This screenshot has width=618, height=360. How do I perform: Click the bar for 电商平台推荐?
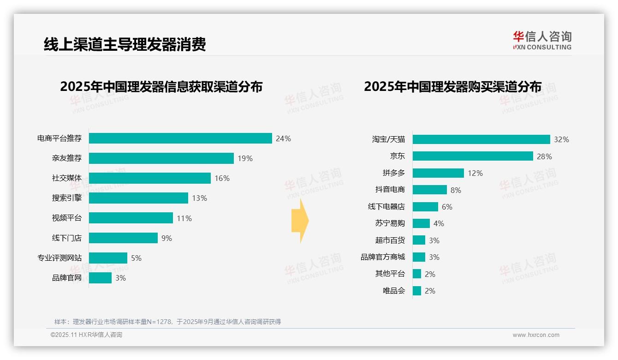point(180,138)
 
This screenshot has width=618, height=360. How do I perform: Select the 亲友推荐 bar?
point(161,158)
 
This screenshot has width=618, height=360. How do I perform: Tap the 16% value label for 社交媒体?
point(222,178)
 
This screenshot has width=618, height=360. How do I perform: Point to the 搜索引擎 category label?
point(67,198)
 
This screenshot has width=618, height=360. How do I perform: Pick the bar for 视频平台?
point(131,218)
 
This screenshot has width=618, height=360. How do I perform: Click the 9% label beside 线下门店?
point(166,238)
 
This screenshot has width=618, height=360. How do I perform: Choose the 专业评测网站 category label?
point(59,258)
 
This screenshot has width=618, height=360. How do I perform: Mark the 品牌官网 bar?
point(100,278)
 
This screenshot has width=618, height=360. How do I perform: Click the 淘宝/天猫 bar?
point(481,139)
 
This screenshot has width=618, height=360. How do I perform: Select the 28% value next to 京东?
point(544,156)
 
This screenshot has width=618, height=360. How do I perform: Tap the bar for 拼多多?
point(438,173)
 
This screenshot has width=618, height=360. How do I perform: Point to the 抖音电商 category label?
point(390,190)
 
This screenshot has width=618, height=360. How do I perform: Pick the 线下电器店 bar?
point(425,207)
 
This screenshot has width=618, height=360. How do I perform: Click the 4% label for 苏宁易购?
point(439,223)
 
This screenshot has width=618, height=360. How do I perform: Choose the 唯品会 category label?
point(394,291)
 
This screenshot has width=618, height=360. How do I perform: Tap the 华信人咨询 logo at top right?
point(542,40)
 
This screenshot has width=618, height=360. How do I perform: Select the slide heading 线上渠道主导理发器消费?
point(125,44)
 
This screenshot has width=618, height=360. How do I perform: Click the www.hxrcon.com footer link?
point(536,335)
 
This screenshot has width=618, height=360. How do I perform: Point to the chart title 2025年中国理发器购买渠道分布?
point(452,87)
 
